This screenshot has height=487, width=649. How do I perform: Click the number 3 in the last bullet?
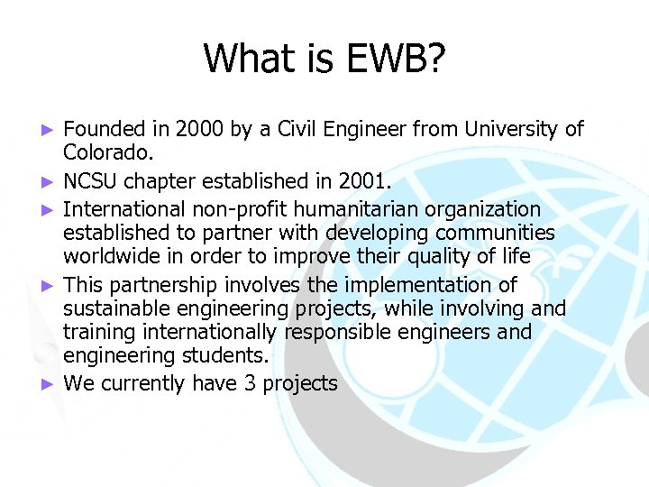(250, 383)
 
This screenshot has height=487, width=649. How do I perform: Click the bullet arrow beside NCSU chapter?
(50, 184)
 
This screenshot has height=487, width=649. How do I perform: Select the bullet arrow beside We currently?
(50, 384)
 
